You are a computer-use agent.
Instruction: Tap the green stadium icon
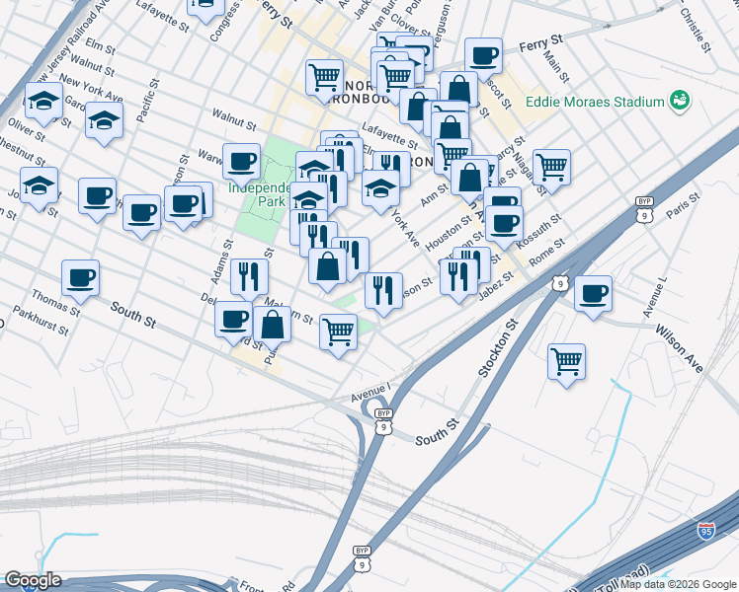click(x=679, y=100)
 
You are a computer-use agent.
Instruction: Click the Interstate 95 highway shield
click(x=706, y=532)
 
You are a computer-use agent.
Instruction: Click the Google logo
click(x=33, y=580)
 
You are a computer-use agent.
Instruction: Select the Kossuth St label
click(x=543, y=231)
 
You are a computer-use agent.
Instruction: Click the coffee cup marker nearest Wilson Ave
click(x=593, y=293)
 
